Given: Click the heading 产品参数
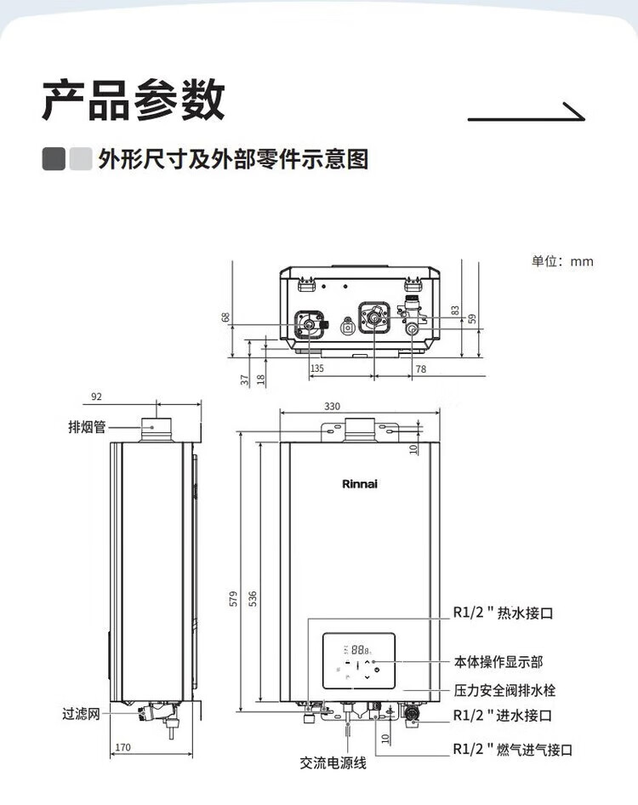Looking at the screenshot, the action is point(134,100).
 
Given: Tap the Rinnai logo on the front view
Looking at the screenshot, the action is point(360,483).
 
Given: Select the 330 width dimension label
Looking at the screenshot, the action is point(332,406).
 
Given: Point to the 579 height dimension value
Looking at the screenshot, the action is point(234,598).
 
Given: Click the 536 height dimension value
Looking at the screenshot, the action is point(253,598).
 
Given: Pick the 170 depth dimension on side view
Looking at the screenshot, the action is point(122,747).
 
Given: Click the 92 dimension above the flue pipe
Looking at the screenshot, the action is point(96,397).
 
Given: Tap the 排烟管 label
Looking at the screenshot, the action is point(87,426).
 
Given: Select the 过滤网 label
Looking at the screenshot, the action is point(81,714).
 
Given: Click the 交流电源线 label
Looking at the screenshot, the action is point(333,763).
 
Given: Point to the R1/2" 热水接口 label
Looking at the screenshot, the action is point(503,613).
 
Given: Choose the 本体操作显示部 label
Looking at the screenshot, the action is point(498,662).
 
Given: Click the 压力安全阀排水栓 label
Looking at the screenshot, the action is point(504,690).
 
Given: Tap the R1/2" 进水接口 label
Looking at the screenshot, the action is point(503,715).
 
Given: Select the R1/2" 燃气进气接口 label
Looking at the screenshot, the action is point(513,750).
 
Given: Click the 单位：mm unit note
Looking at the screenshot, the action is point(562,261).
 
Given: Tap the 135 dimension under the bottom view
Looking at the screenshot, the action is point(317,368).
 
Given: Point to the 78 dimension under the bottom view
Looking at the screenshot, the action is point(421,368).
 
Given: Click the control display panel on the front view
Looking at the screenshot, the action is point(359,660).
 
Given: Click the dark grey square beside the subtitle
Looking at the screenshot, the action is point(54,159).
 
